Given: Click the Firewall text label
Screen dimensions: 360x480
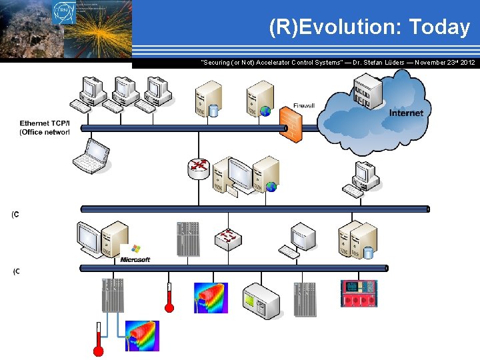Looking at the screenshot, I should pos(304,106).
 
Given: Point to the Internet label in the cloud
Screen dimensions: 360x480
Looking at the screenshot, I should pos(406,113).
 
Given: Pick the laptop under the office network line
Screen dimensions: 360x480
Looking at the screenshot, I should pos(90,155).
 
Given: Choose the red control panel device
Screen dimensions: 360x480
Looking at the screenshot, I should pos(359,293).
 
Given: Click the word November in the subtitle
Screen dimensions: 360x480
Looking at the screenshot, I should pos(433,62).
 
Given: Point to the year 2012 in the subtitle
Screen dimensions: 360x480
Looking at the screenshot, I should pos(467,62).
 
